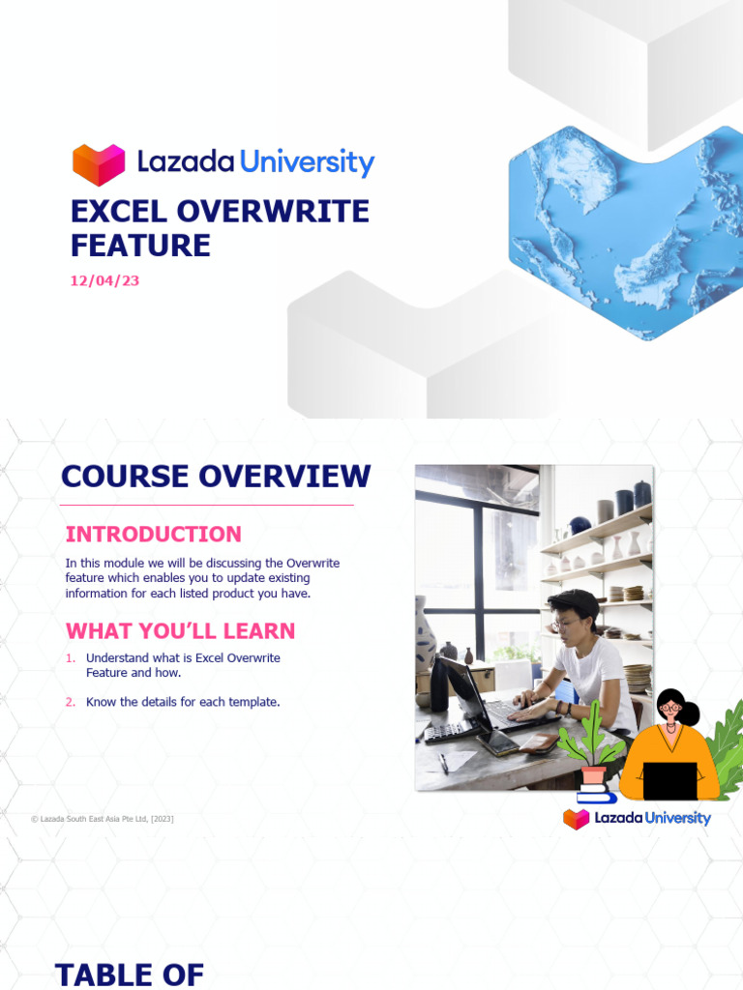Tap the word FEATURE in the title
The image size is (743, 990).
(x=140, y=245)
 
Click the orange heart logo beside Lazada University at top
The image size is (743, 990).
(x=99, y=163)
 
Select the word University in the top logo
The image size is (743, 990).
(x=307, y=161)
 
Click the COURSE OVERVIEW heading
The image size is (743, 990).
(x=216, y=477)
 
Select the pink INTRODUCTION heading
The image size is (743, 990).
(x=153, y=534)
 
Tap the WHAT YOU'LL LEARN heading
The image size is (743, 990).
(x=180, y=631)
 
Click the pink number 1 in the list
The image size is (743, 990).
(x=70, y=658)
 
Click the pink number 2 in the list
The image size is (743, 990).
(x=70, y=702)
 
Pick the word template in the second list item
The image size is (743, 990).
(x=253, y=702)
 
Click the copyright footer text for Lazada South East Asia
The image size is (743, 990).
(x=103, y=819)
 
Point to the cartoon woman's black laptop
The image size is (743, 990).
(x=669, y=780)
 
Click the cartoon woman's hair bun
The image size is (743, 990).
(x=690, y=713)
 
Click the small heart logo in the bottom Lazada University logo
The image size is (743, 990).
(x=577, y=819)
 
